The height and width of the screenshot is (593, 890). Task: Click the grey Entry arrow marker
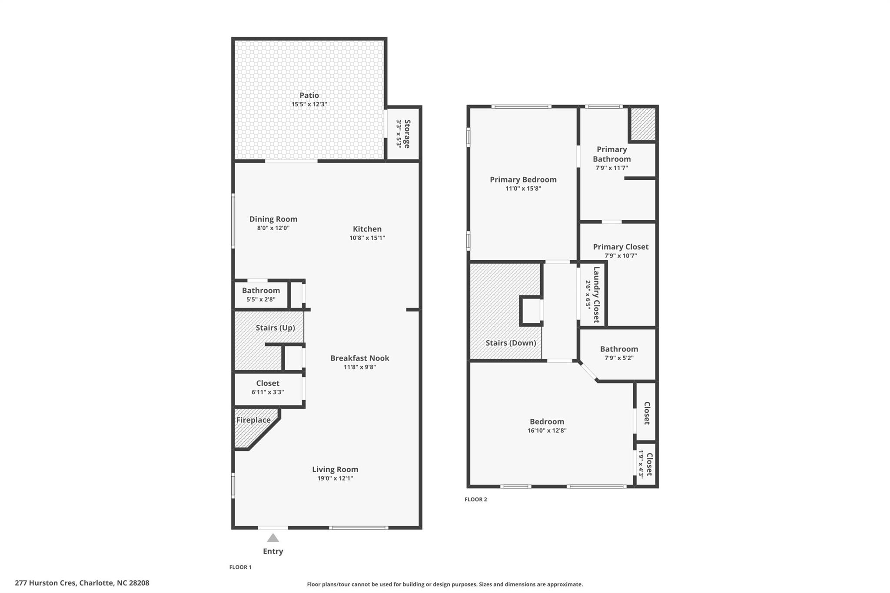pos(273,538)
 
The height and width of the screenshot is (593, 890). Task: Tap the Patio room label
pos(309,95)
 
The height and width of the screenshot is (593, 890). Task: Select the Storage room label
pos(407,134)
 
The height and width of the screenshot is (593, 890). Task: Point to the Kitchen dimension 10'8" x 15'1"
pos(367,238)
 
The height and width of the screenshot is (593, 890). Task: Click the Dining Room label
pos(273,219)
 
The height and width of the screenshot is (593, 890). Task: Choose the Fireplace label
pos(253,420)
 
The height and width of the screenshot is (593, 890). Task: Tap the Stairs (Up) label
pos(276,328)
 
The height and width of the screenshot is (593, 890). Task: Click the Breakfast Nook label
pos(360,358)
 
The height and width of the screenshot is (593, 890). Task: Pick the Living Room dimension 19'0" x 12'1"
pos(335,478)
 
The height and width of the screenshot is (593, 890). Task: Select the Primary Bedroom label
pos(523,179)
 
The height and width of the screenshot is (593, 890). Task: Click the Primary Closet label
pos(621,247)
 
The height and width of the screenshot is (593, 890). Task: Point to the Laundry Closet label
pos(597,295)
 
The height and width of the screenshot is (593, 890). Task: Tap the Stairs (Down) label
pos(511,343)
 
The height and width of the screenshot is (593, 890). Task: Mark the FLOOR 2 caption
pos(476,500)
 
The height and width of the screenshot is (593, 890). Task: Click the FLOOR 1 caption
pos(240,567)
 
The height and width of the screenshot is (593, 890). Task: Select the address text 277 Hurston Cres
pos(46,583)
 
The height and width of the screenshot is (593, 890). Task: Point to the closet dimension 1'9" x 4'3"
pos(641,464)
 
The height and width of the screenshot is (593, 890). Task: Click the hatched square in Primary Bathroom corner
pos(643,124)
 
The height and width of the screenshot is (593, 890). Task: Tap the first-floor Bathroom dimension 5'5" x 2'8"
pos(261,299)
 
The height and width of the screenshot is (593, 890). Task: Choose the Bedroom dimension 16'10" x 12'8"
pos(547,431)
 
